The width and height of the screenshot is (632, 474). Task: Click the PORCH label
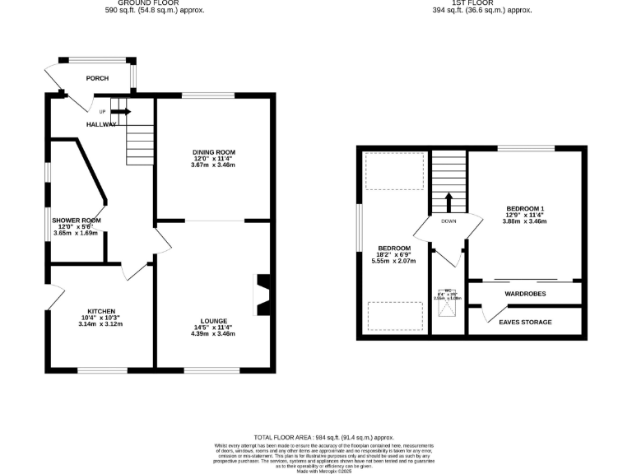point(97,78)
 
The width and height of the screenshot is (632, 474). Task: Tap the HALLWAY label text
point(101,124)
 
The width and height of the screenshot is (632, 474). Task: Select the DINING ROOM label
point(214,152)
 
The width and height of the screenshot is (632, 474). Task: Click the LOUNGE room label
point(213,321)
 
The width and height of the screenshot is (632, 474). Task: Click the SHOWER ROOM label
point(76,221)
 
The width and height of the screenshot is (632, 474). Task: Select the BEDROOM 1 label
point(525,208)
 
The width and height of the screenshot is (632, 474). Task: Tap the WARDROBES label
point(524,294)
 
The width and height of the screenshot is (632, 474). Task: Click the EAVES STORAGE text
point(525,322)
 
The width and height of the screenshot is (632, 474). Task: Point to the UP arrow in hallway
point(120,112)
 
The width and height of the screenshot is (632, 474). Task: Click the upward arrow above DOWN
point(448,202)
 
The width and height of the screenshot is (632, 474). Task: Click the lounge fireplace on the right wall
point(262,294)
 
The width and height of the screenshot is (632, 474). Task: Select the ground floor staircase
point(140,144)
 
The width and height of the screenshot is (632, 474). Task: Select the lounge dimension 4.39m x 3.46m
point(213,334)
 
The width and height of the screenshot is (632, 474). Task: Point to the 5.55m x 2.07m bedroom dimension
point(393,262)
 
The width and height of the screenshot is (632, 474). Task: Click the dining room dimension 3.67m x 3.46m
point(214,165)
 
